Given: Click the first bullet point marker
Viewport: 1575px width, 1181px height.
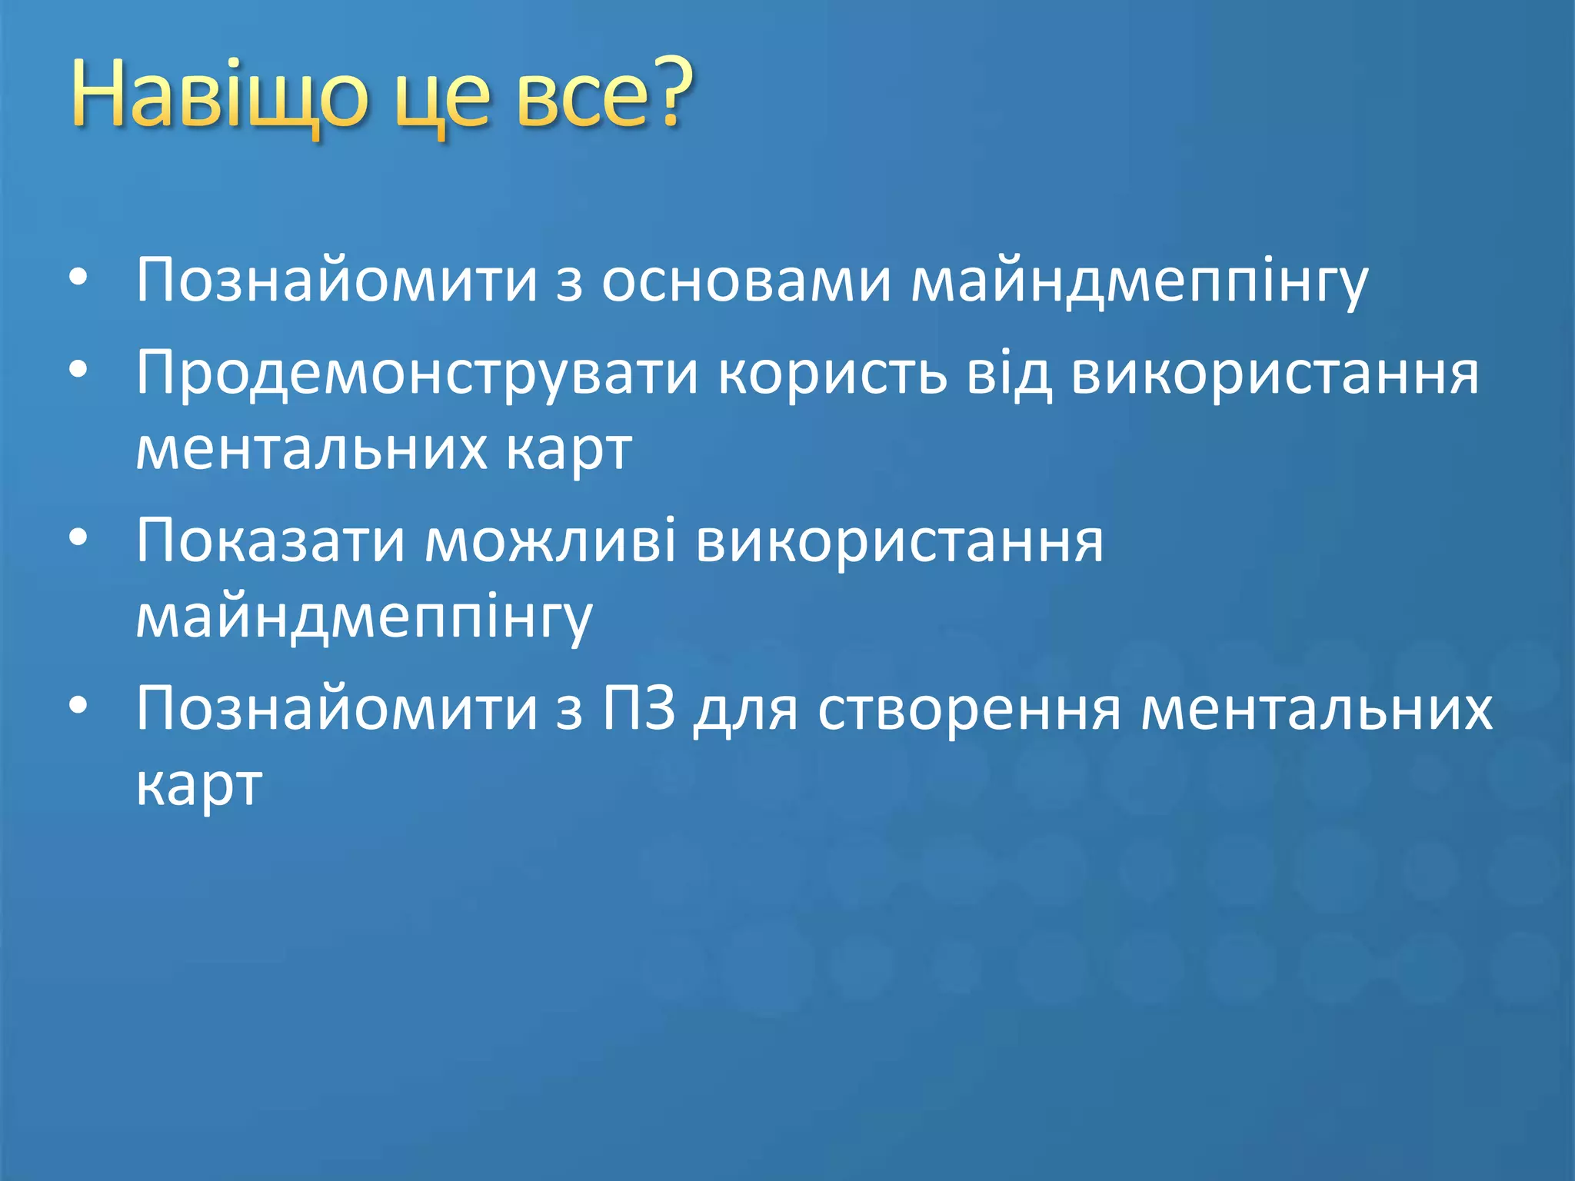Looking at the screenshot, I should click(x=78, y=278).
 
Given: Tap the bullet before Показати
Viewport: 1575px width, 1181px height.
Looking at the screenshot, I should click(x=78, y=538).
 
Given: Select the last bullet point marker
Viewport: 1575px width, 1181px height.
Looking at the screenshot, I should click(x=78, y=706).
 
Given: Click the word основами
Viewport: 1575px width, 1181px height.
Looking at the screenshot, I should click(x=745, y=281).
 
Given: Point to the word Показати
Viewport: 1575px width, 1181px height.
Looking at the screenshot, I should click(x=270, y=541).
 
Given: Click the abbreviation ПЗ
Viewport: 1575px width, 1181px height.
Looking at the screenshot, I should click(x=638, y=709).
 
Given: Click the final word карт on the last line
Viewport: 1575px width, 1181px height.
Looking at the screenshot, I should click(x=199, y=787).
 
